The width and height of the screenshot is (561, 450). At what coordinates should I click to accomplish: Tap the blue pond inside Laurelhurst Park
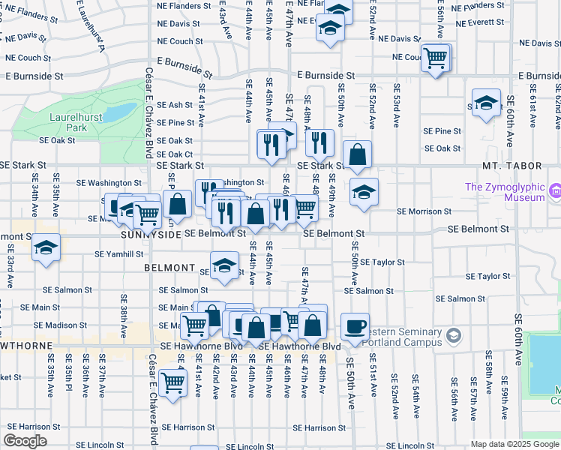(x=118, y=112)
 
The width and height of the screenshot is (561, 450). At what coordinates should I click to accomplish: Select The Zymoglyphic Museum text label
(x=504, y=192)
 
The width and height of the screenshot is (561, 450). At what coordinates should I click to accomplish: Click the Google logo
(x=26, y=440)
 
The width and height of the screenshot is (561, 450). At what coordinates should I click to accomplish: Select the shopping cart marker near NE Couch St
(x=436, y=58)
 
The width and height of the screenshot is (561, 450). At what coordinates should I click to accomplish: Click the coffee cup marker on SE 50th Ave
(x=355, y=327)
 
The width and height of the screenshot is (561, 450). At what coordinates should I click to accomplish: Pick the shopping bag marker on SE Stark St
(x=359, y=154)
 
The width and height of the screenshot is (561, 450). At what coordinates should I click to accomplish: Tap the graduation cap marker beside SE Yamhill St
(x=46, y=250)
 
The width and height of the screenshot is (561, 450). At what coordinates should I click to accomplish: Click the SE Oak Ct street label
(x=175, y=154)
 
